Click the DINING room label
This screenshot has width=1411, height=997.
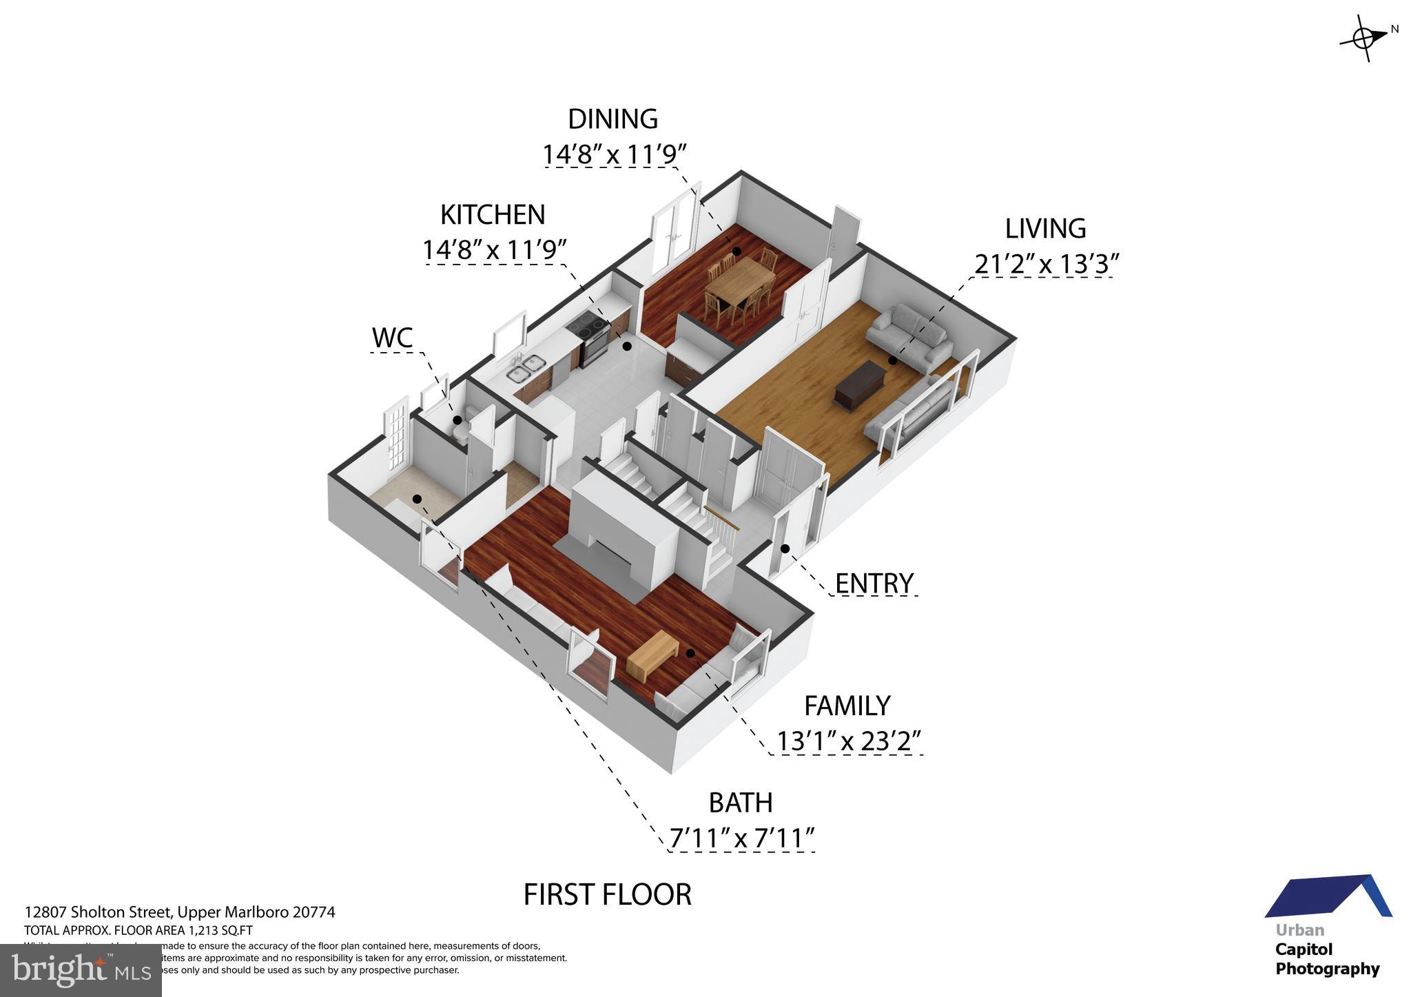click(612, 119)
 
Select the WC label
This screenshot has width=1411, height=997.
click(392, 338)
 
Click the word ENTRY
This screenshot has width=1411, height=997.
click(874, 584)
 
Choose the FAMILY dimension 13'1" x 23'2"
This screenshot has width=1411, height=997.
click(849, 741)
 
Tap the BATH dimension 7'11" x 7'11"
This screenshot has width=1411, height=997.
click(742, 839)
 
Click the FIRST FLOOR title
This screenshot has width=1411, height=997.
click(607, 894)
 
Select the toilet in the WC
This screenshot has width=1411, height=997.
click(462, 426)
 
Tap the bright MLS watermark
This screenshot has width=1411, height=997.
click(81, 970)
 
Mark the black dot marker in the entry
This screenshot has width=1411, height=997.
click(785, 548)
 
